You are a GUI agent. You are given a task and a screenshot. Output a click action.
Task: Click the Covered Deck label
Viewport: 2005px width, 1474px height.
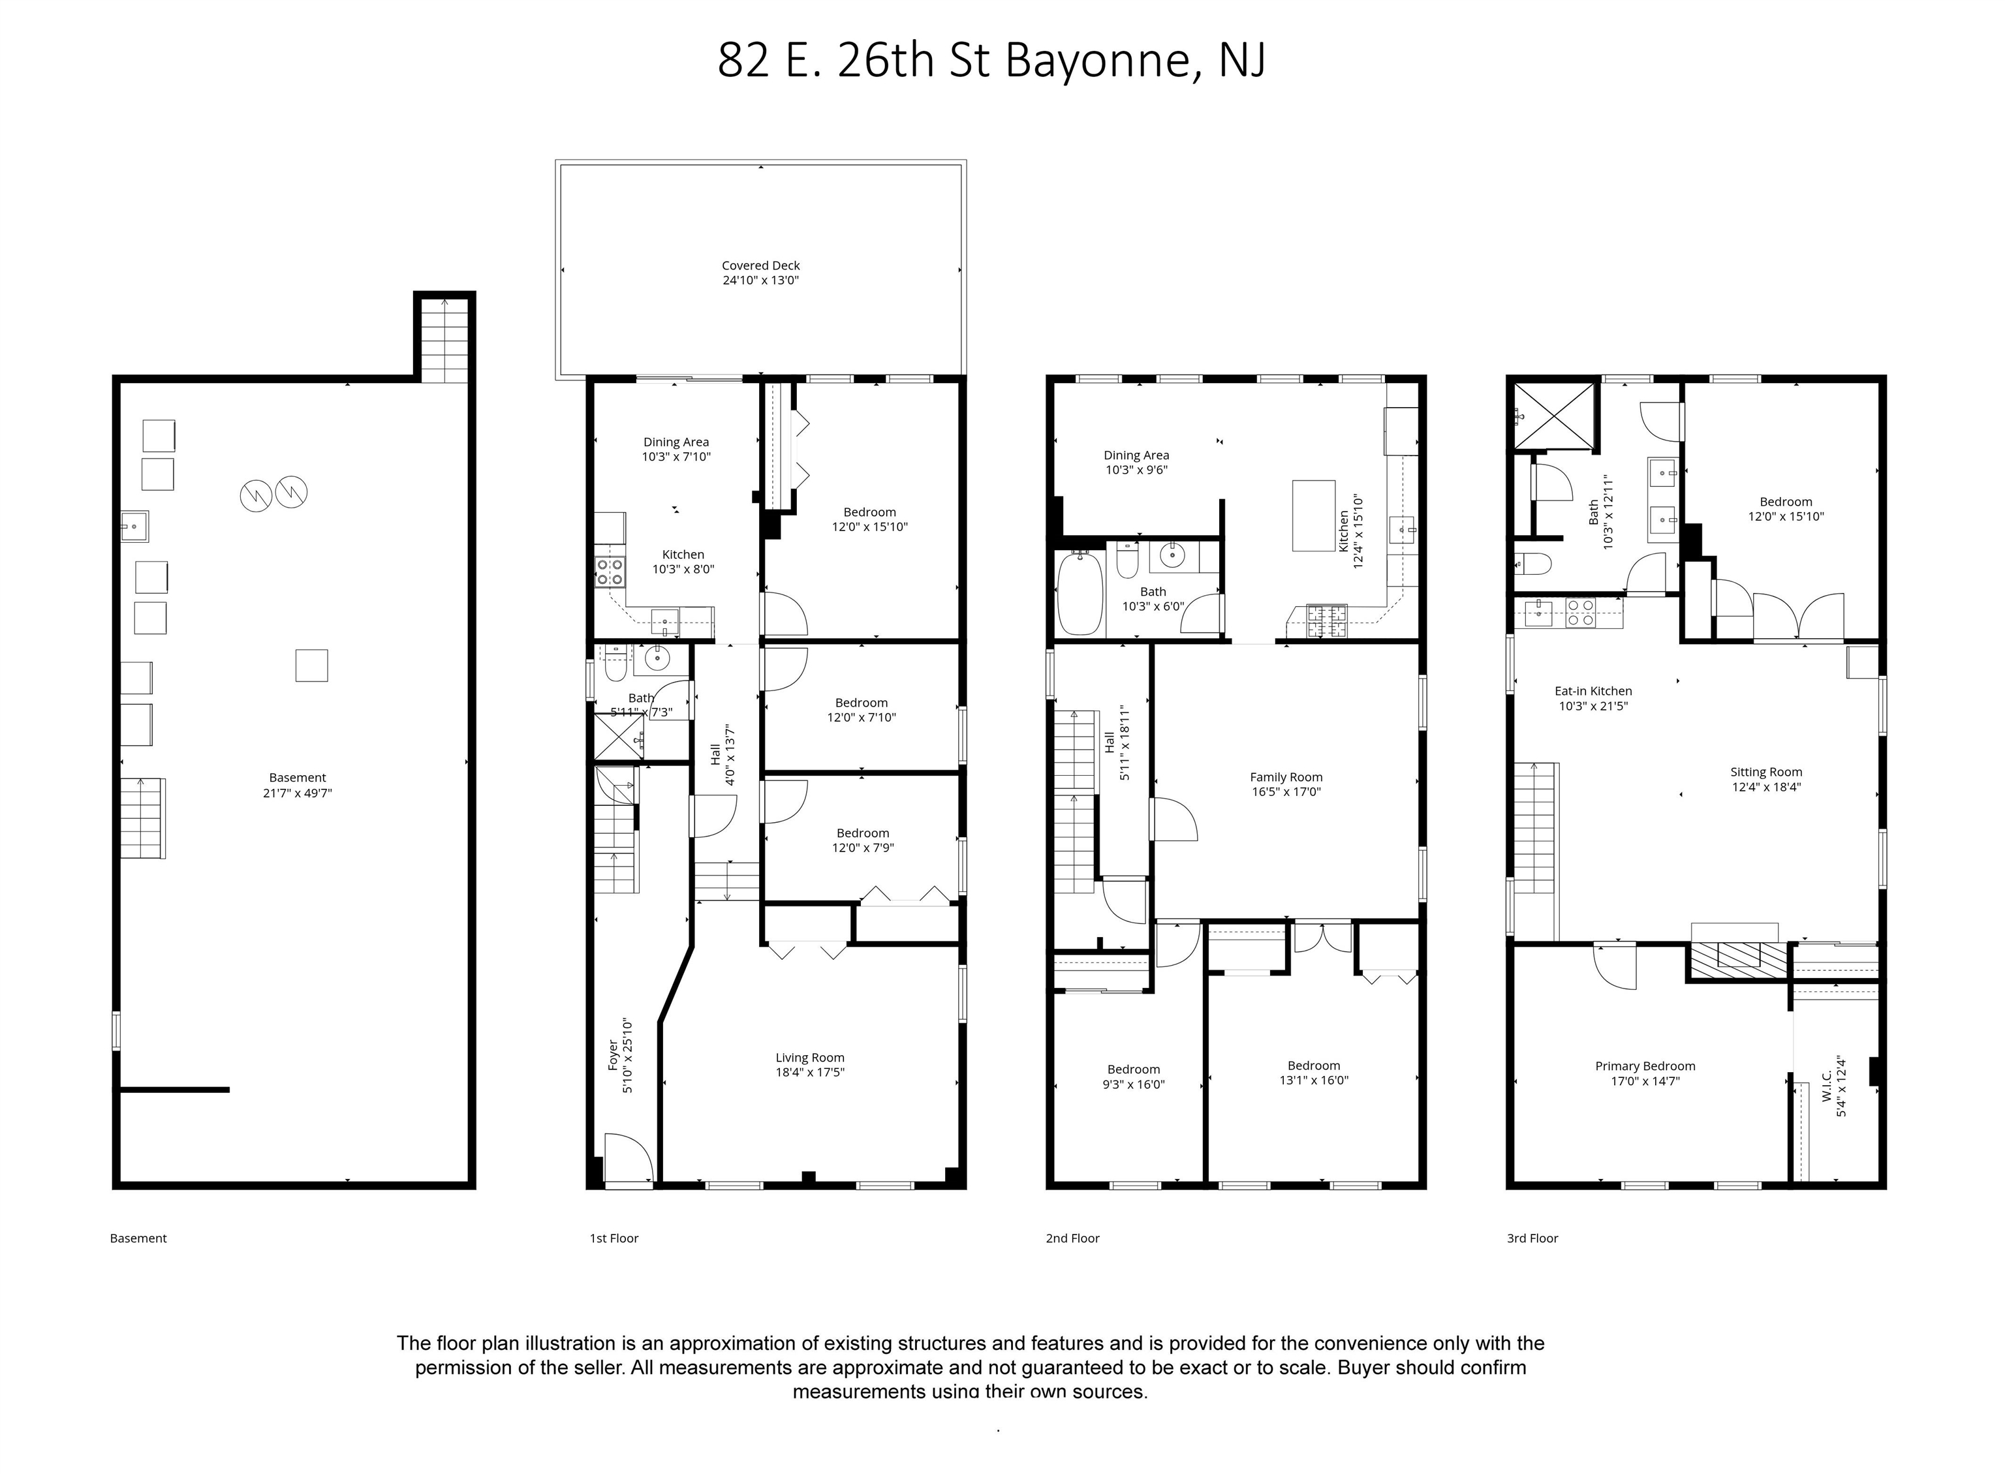(x=760, y=265)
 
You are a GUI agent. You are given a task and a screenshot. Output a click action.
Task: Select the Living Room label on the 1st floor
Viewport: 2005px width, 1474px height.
(x=809, y=1057)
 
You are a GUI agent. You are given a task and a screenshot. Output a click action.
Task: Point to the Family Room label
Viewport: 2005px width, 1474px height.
(x=1286, y=777)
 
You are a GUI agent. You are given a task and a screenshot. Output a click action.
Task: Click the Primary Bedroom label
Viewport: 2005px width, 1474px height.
(x=1645, y=1066)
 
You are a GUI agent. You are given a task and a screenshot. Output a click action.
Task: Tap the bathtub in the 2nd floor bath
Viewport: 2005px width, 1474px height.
(x=1080, y=592)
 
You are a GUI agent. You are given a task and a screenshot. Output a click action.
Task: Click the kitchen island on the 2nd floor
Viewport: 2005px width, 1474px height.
(x=1313, y=515)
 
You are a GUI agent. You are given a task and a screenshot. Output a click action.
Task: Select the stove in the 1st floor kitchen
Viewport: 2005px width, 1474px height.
(x=610, y=571)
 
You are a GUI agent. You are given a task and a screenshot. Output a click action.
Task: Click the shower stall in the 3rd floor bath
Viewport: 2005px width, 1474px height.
(x=1553, y=416)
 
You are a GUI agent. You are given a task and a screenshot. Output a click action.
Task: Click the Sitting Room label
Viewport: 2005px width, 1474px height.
(x=1766, y=773)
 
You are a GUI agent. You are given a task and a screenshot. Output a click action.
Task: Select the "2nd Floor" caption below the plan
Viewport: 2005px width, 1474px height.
(x=1072, y=1238)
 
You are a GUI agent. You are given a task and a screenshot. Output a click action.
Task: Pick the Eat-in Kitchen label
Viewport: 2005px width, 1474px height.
(x=1593, y=690)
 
